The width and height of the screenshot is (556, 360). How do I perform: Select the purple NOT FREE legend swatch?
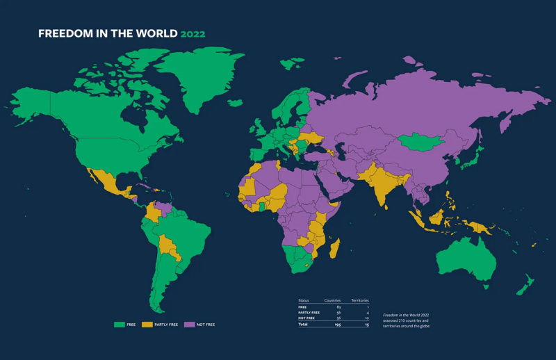(188, 325)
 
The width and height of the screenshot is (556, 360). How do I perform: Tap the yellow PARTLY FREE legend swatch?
(147, 325)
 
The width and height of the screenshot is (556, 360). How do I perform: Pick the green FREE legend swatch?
(119, 325)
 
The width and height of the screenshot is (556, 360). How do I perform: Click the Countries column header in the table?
(332, 300)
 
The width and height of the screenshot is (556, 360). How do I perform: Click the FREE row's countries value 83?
(338, 306)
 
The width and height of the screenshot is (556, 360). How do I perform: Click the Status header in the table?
(303, 300)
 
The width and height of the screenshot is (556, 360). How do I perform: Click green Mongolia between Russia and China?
(422, 143)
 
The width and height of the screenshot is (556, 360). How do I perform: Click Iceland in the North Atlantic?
(235, 104)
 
